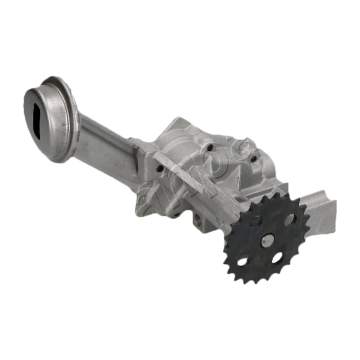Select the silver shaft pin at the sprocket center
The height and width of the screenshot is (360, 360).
tap(267, 241)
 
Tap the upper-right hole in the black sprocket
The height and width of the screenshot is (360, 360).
tap(289, 220)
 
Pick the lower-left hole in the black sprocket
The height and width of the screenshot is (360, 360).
tap(243, 261)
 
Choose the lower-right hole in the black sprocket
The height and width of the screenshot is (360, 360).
tap(277, 258)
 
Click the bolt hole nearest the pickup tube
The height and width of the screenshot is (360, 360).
tap(160, 169)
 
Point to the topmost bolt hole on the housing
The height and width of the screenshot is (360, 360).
tap(209, 147)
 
